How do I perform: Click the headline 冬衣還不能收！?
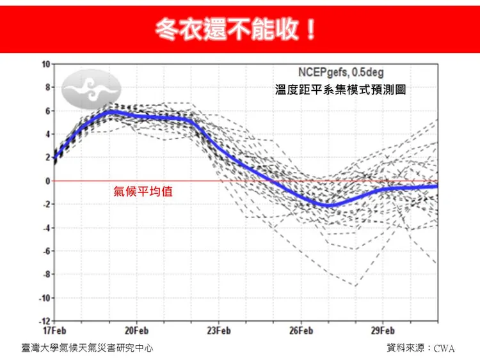pos(236,29)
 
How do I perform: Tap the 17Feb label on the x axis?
pos(54,331)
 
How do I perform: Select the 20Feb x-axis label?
pos(136,331)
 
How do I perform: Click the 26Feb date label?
pos(301,331)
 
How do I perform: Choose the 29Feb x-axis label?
pos(383,331)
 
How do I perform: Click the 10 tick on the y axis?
pos(45,64)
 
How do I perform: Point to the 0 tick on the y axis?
pos(47,181)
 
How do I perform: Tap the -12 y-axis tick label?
pos(44,321)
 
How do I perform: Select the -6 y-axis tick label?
pos(45,251)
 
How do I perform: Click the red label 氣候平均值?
pos(143,191)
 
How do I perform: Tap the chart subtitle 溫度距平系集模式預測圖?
pos(340,91)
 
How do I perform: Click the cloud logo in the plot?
pos(92,89)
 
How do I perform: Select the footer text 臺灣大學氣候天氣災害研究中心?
pos(87,348)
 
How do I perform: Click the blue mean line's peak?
pos(110,111)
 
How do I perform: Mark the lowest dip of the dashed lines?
pos(355,286)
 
